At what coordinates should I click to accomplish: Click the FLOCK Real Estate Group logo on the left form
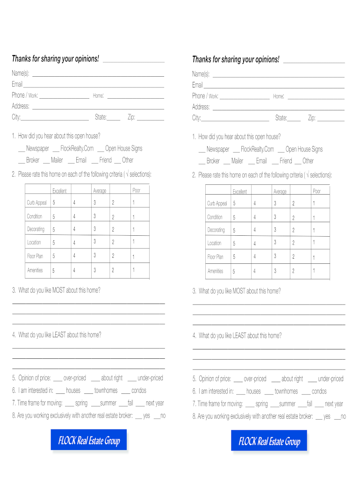89,441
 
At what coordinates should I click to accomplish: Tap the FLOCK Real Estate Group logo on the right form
269,442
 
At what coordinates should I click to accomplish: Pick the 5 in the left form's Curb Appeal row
54,203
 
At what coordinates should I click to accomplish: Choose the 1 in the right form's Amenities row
314,271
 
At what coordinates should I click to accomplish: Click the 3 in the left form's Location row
94,241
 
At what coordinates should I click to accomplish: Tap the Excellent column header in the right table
240,192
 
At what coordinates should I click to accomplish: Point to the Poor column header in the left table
137,190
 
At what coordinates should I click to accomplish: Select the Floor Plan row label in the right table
216,257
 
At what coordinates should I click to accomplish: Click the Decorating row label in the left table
36,229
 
